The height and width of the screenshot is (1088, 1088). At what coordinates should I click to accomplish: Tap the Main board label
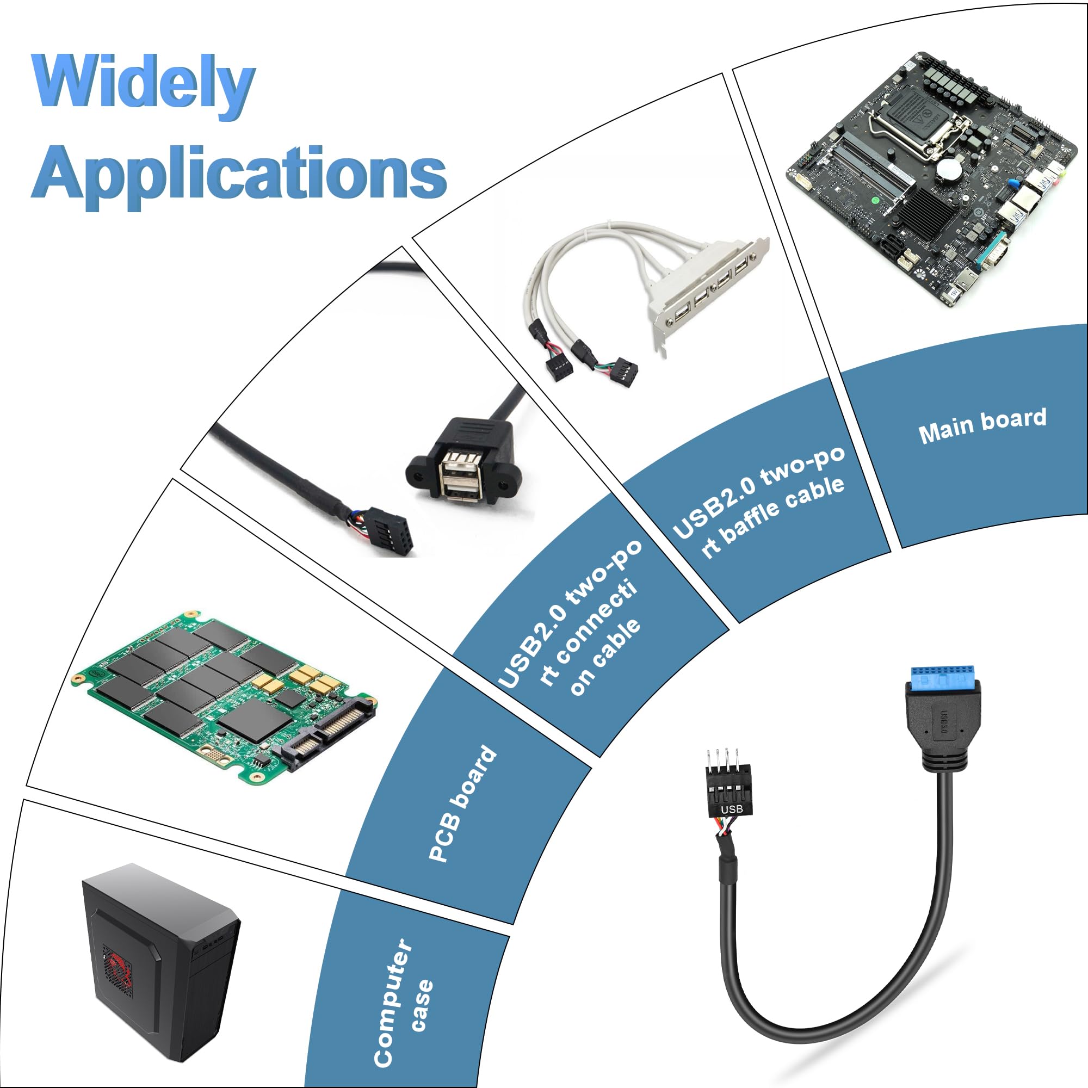click(x=982, y=426)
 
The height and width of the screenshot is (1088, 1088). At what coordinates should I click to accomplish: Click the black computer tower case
click(x=161, y=963)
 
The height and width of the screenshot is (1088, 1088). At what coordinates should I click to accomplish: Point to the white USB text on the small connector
click(x=732, y=809)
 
